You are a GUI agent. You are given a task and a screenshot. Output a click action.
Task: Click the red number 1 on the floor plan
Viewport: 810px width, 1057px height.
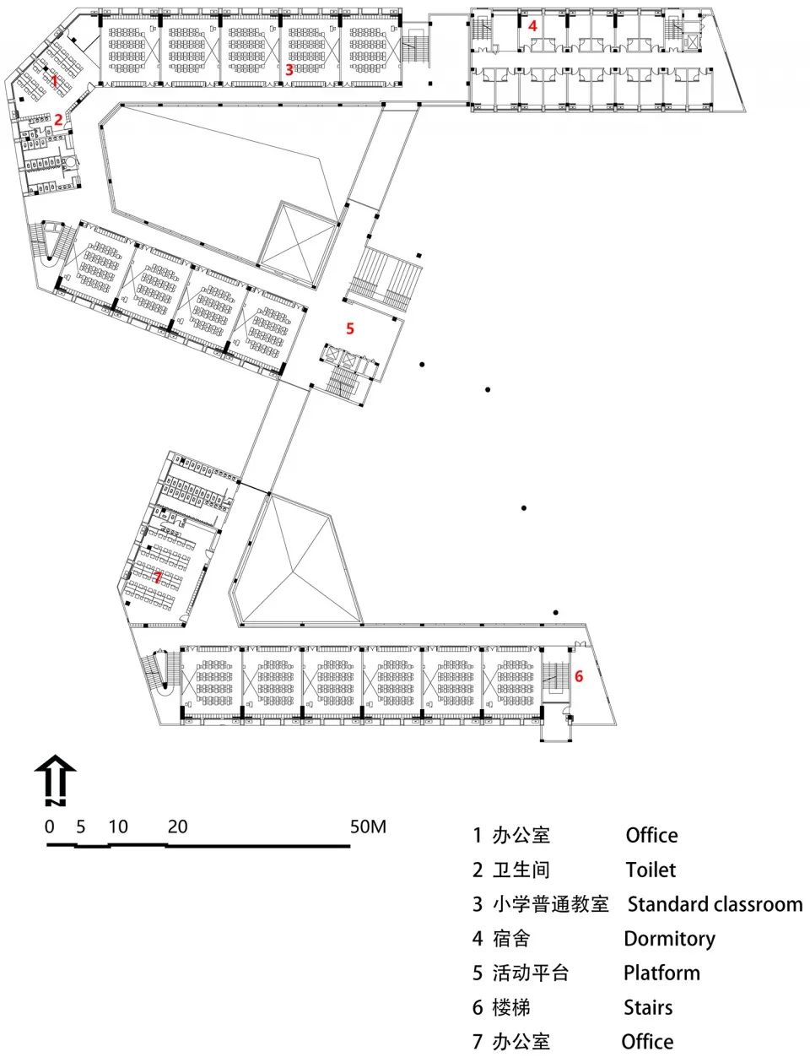point(54,81)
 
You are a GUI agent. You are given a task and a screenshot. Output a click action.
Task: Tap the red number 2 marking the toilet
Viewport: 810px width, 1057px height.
point(58,120)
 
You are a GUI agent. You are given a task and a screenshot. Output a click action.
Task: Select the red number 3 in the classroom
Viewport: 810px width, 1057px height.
point(289,70)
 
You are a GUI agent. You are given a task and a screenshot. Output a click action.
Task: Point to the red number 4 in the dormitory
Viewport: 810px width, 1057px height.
point(532,26)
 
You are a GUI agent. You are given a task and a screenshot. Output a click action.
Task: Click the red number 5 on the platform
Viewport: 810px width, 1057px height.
point(350,328)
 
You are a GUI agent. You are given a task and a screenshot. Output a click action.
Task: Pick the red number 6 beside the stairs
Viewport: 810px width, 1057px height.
point(579,676)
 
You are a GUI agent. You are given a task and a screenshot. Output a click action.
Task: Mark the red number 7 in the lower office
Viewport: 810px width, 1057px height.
point(158,577)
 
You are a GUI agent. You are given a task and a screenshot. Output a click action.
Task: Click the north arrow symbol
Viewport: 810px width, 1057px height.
point(55,778)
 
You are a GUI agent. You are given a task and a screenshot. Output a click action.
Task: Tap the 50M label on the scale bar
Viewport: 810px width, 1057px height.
point(368,826)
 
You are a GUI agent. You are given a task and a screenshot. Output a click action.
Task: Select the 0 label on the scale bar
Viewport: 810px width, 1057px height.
point(50,827)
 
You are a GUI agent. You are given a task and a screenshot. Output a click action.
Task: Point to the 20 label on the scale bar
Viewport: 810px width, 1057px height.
point(177,827)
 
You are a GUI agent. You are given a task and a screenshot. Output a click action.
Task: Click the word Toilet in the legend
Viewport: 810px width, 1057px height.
point(651,870)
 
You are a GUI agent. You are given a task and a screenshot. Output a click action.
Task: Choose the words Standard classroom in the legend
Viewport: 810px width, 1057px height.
point(715,904)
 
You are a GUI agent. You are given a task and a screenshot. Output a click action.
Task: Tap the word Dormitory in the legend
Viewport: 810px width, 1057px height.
point(669,939)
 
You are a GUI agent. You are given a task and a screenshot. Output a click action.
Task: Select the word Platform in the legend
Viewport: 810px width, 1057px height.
point(661,973)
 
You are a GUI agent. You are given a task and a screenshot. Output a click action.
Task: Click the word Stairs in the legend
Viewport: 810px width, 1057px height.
point(648,1008)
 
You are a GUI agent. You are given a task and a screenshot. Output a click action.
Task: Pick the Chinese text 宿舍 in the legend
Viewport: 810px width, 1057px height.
point(511,939)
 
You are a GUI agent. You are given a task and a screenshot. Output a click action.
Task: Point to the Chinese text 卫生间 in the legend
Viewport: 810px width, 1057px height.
point(521,870)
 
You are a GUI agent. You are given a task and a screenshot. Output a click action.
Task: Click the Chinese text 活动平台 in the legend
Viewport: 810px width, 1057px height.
point(532,973)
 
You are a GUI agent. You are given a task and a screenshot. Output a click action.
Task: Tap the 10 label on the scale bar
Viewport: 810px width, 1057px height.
point(118,827)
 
